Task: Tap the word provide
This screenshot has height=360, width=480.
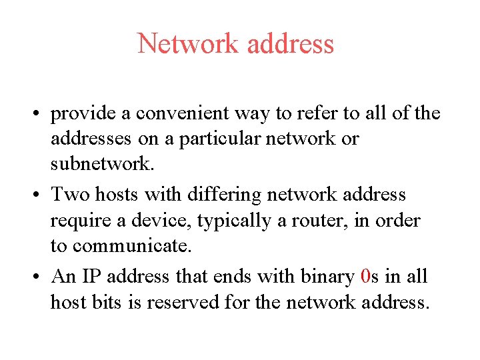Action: (85, 115)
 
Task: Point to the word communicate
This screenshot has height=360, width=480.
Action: (131, 246)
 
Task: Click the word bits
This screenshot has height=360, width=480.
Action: (113, 302)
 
